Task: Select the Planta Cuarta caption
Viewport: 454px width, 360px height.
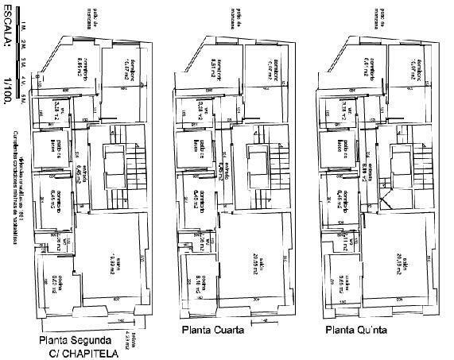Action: point(212,331)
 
